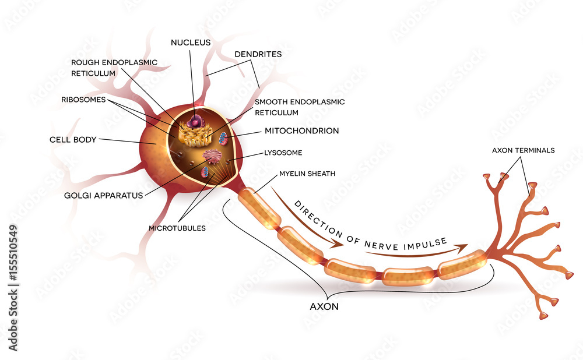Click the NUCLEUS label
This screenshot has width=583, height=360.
pos(191,43)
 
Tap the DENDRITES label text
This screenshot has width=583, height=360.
pos(258,54)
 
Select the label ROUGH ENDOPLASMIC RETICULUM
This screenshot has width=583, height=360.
pos(114,68)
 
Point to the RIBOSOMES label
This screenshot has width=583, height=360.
pos(83,100)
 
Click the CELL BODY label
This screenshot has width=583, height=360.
pos(73,140)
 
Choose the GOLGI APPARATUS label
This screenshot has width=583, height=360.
pos(104,195)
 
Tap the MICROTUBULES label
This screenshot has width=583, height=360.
pos(177,228)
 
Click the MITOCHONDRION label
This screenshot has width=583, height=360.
pos(301,131)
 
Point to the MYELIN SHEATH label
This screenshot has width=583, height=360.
pos(307,174)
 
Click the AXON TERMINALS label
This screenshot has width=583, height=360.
pos(523,150)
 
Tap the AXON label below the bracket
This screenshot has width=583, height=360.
pos(324,305)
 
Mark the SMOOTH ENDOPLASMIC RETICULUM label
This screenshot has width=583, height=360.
pos(299,107)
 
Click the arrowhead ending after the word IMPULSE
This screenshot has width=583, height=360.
pos(464,247)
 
